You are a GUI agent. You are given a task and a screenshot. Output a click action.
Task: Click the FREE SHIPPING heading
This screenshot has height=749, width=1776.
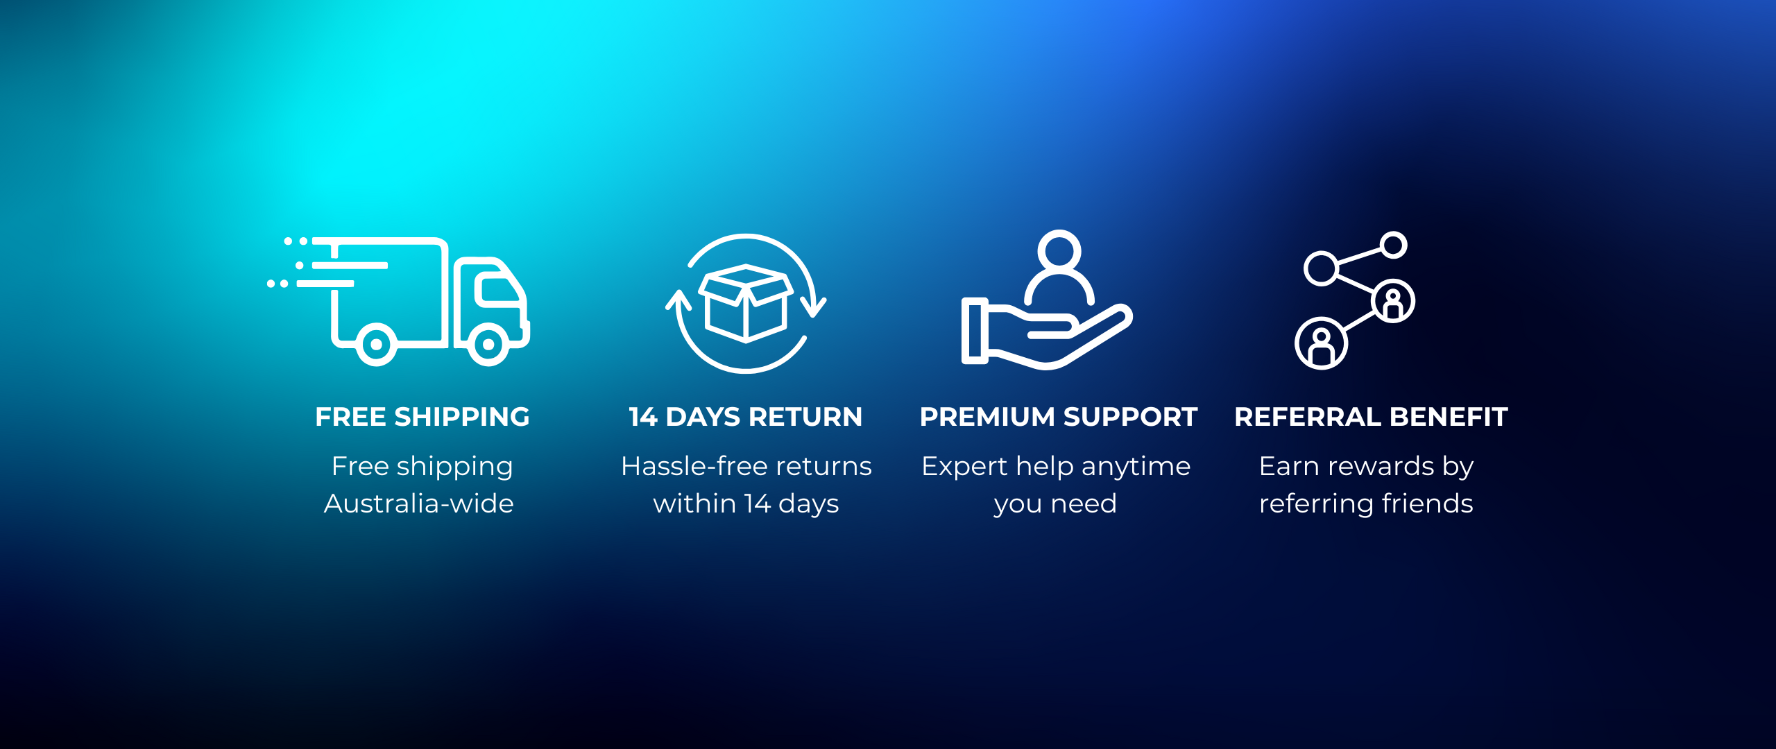(x=422, y=417)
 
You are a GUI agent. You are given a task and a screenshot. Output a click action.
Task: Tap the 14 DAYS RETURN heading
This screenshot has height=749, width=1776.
(x=746, y=417)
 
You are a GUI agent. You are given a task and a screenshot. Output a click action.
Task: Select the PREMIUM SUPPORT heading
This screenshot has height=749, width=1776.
(x=1059, y=417)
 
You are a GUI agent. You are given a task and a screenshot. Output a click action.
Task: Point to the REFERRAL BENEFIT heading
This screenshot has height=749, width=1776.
(x=1371, y=417)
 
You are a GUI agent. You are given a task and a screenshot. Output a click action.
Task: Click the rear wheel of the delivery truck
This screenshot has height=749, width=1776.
(x=376, y=344)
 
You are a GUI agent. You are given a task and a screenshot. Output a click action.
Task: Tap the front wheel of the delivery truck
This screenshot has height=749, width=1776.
(x=488, y=344)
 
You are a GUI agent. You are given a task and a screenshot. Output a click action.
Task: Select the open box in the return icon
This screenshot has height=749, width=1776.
(x=746, y=304)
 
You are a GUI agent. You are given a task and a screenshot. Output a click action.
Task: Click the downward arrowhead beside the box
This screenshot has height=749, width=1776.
(x=813, y=307)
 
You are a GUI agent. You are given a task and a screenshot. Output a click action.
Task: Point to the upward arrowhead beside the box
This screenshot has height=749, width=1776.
(x=678, y=300)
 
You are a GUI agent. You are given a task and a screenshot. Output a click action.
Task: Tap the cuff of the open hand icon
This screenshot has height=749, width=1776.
(x=975, y=330)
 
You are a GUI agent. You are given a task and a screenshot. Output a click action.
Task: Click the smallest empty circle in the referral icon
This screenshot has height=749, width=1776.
(x=1393, y=245)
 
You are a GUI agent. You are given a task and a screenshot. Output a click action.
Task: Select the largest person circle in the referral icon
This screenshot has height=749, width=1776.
(x=1322, y=343)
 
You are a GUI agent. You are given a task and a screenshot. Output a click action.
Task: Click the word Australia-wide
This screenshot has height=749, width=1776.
(x=419, y=503)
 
